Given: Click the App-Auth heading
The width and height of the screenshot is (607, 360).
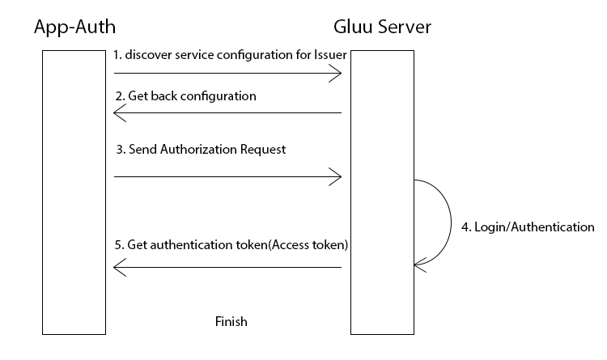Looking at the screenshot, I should (74, 28).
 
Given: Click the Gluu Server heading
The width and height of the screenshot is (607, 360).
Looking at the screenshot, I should (382, 28).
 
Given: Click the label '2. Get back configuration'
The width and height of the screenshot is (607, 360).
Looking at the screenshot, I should (185, 95).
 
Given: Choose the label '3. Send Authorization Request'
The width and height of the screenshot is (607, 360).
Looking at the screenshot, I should (201, 150).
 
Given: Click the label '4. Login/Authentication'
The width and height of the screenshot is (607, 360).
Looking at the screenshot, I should (528, 227).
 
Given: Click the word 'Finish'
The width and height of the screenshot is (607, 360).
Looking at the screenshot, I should (231, 321).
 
